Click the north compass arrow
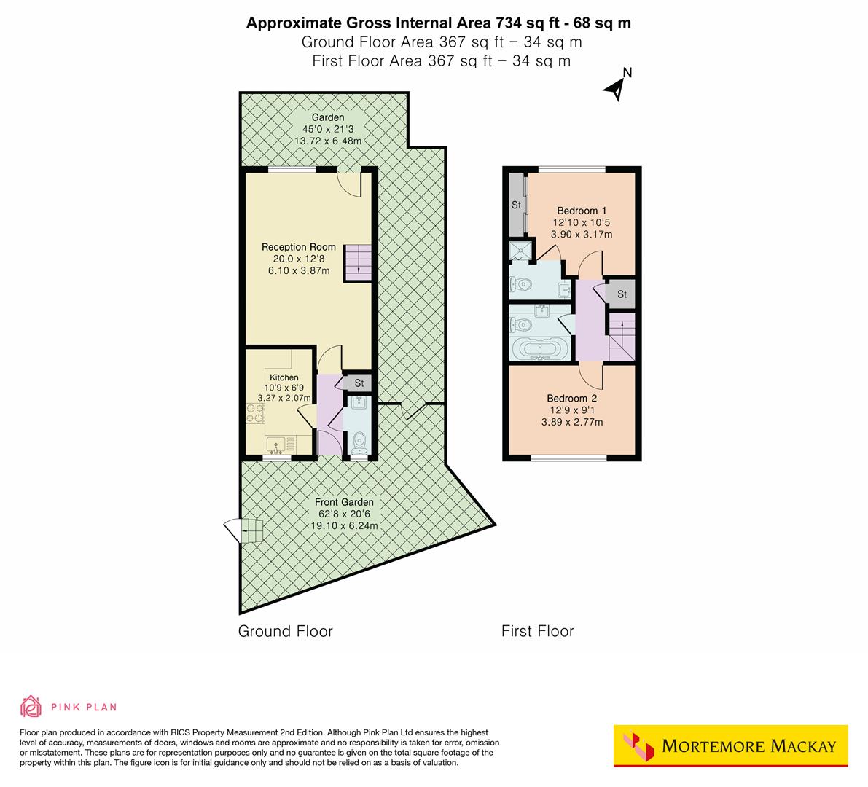617,87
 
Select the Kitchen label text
284,377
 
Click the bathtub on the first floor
540,348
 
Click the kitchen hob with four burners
254,414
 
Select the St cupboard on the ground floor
359,383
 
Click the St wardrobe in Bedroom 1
516,205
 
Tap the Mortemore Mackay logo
730,745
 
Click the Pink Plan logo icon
31,706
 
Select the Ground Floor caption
285,631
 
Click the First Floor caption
537,631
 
